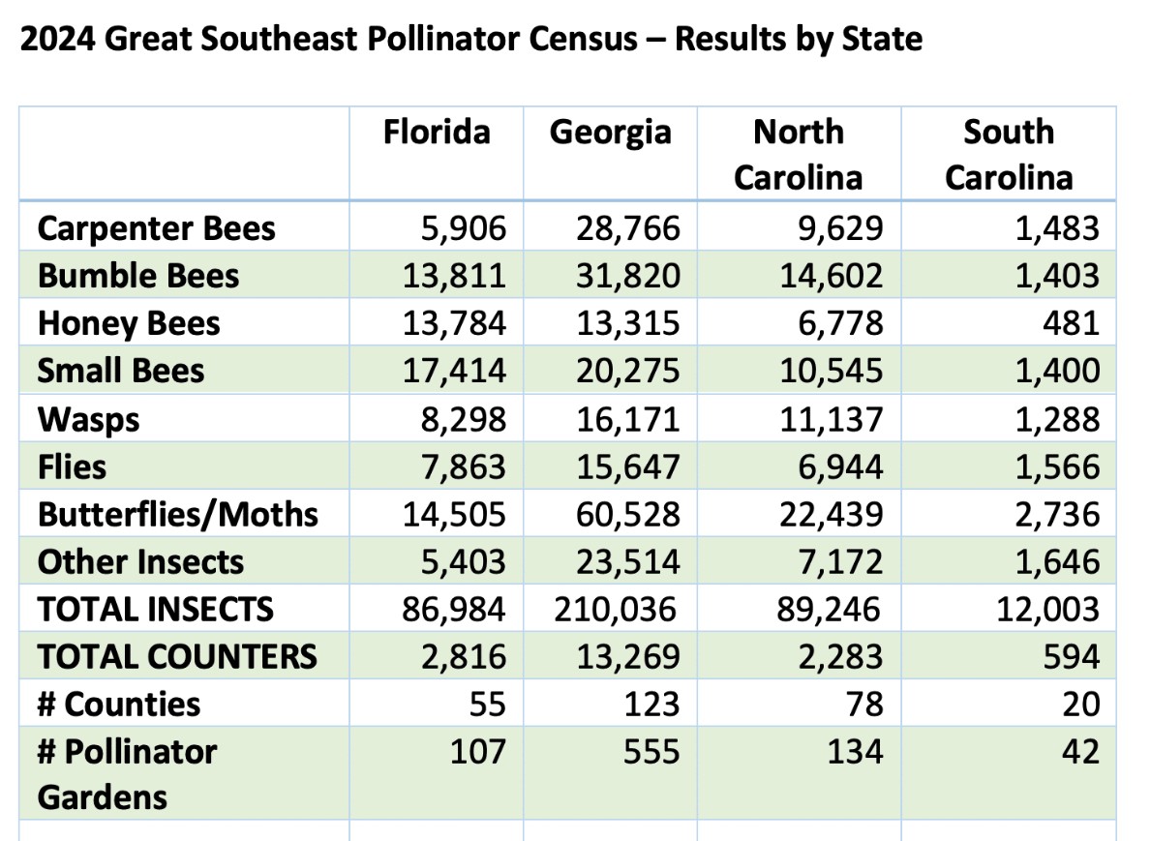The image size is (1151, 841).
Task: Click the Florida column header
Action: coord(437,132)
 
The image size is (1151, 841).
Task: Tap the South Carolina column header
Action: coord(1009,155)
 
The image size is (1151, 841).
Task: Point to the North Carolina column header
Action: coord(799,155)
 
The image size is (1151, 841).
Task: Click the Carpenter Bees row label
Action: coord(157,229)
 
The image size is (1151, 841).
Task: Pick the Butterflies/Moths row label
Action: coord(178,515)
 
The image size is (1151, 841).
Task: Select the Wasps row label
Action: coord(88,420)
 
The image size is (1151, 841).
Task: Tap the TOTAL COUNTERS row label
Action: coord(177,657)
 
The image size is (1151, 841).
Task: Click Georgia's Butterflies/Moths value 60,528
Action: coord(628,515)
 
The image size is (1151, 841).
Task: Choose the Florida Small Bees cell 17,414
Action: coord(454,372)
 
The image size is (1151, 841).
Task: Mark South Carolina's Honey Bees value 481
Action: coord(1072,323)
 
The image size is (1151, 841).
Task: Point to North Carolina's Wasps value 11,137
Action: coord(831,420)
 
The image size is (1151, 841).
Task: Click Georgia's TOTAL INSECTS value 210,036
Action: coord(615,610)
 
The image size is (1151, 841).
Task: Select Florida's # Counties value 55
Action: coord(488,705)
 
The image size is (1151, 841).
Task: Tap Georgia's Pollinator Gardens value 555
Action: coord(651,752)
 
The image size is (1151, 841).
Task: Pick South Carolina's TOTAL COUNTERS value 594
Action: coord(1072,657)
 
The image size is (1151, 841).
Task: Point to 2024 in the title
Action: coord(57,39)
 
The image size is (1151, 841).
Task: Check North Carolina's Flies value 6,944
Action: coord(840,467)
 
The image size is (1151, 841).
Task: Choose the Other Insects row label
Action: coord(140,562)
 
